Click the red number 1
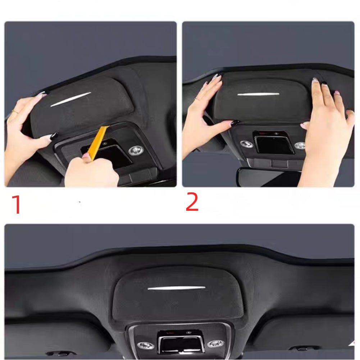16,205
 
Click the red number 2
192,202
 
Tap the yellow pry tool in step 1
97,142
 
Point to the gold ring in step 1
14,111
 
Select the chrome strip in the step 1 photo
70,99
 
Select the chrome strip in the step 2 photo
258,94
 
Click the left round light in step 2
246,143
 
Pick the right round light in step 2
300,145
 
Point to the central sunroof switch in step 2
274,144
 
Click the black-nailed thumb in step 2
230,124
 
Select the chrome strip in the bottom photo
176,288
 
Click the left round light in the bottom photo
145,345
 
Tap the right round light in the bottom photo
215,343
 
